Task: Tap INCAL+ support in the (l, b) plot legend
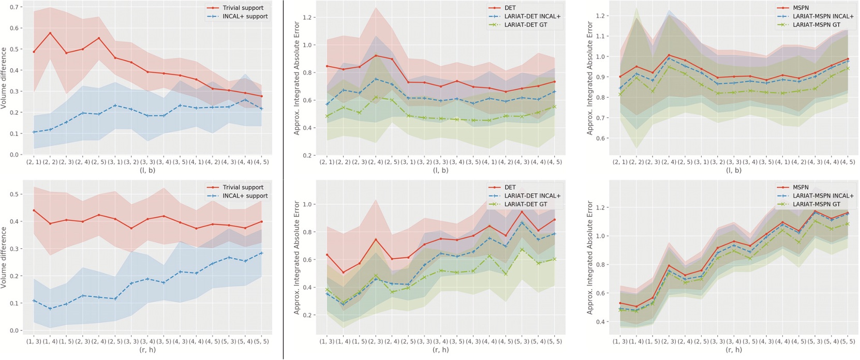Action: [x=245, y=16]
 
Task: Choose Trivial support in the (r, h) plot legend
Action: [x=243, y=187]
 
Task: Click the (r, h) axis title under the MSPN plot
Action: [x=734, y=350]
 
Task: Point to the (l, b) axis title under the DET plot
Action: [x=441, y=170]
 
